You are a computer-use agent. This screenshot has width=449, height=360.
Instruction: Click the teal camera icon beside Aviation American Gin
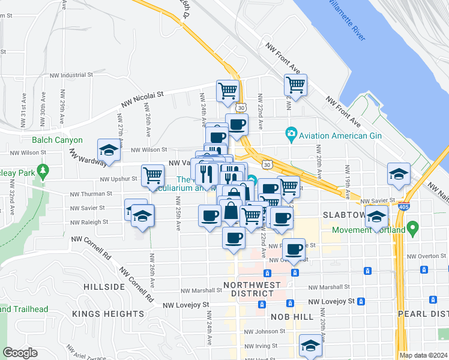click(291, 132)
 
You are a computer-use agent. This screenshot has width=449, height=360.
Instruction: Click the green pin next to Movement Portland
click(412, 228)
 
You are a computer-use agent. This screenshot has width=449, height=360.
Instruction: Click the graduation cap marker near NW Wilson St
click(109, 151)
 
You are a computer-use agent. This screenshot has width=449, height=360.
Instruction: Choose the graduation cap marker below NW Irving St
click(310, 346)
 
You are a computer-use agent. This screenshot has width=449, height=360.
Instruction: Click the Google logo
click(20, 353)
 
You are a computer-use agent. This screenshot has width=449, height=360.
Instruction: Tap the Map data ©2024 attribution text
click(423, 355)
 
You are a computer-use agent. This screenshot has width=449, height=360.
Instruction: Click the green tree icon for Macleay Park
click(43, 172)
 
